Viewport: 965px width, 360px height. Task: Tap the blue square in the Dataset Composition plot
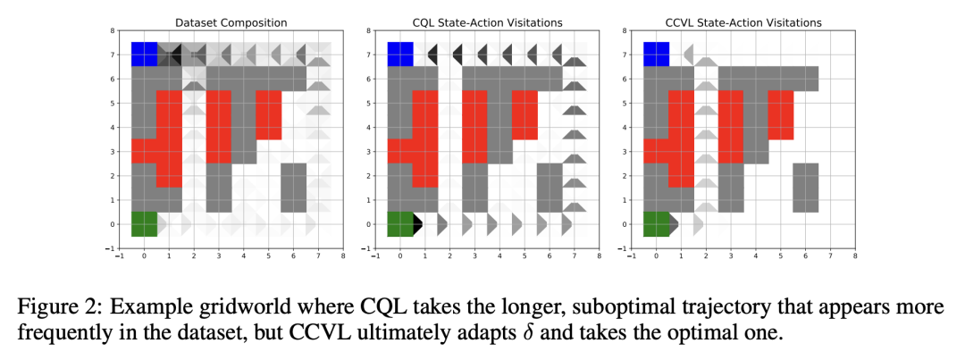(x=144, y=54)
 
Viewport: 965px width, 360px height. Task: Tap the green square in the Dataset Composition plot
(x=144, y=223)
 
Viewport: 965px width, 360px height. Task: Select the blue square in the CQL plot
(x=399, y=54)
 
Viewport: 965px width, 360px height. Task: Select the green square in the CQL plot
(x=399, y=223)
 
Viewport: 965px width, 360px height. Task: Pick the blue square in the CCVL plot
(x=656, y=54)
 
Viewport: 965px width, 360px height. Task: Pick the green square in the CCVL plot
(x=656, y=223)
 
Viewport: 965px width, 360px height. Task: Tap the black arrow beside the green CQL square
(x=418, y=223)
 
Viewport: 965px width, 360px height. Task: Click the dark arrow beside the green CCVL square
(x=674, y=223)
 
